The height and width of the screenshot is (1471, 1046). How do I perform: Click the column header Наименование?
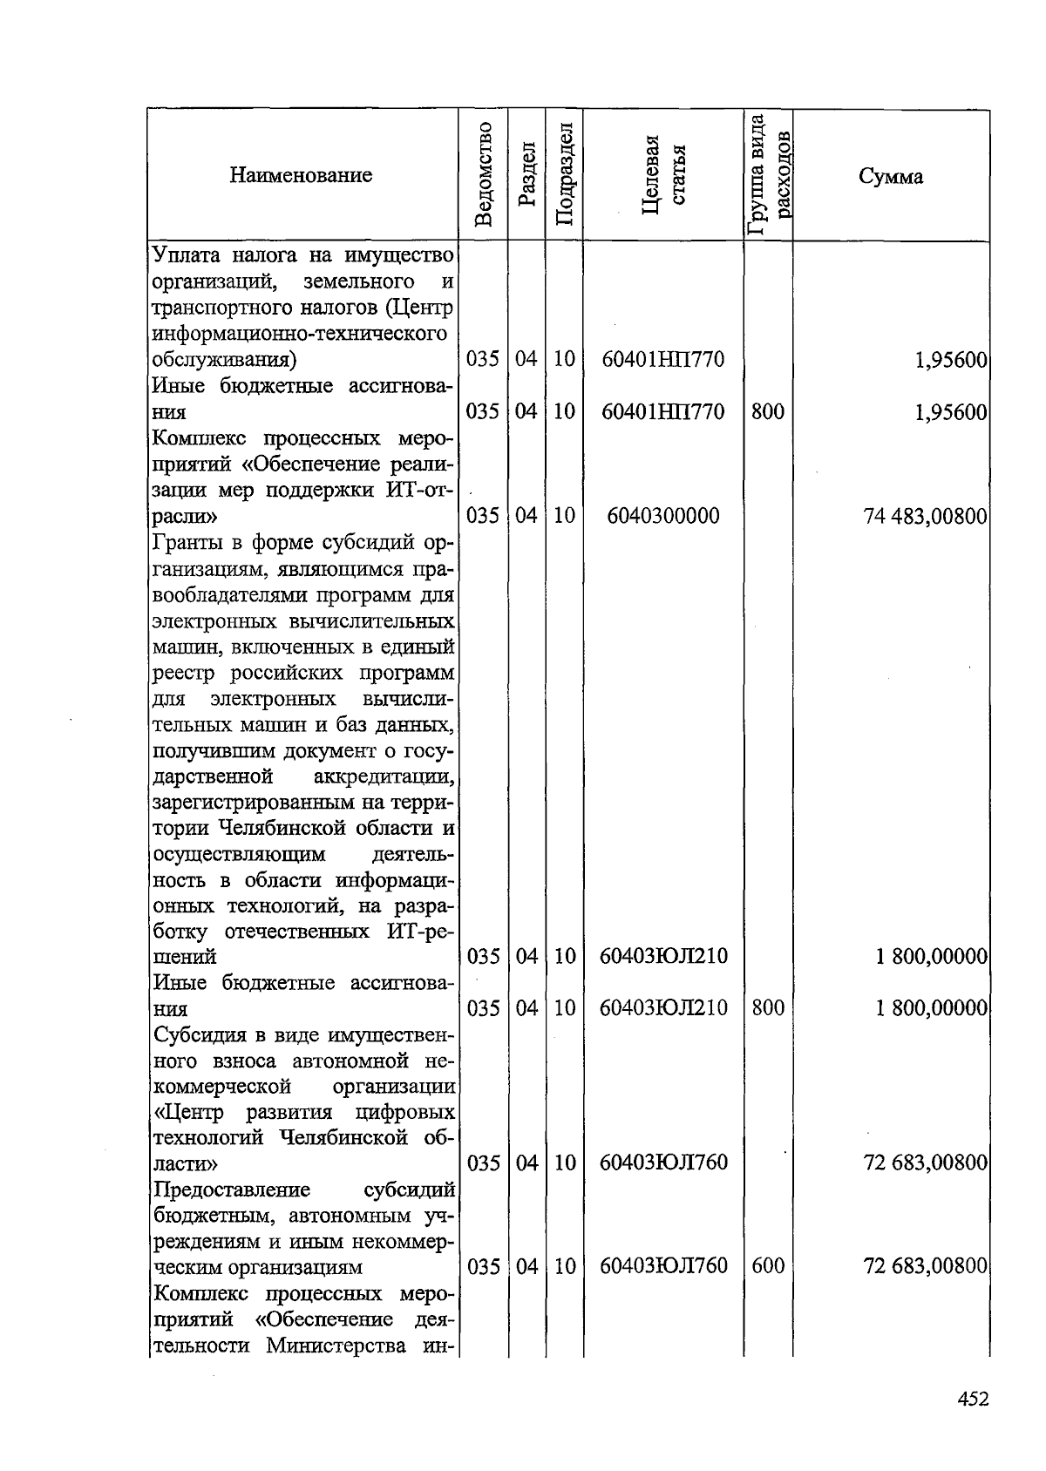(301, 175)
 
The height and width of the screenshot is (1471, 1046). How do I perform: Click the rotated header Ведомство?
(485, 175)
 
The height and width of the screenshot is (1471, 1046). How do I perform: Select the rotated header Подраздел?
(564, 175)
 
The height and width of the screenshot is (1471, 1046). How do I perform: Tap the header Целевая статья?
(663, 175)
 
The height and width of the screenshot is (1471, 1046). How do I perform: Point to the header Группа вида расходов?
(768, 175)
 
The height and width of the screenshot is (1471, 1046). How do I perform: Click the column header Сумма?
(890, 177)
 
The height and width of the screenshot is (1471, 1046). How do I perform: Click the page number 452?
(973, 1400)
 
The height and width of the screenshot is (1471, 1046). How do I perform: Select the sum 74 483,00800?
(925, 517)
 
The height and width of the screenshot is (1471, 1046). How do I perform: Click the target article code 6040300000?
(663, 516)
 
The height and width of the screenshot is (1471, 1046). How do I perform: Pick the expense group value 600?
(767, 1266)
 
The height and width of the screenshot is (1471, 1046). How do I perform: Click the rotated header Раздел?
(526, 175)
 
